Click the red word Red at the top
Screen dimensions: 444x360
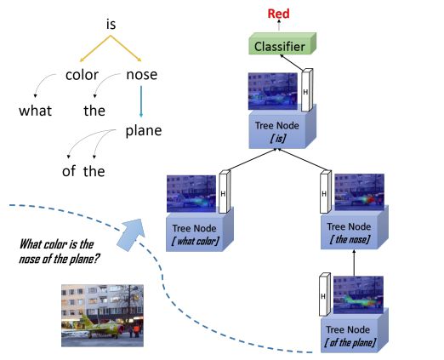[278, 14]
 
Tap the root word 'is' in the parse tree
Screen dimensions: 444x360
[111, 24]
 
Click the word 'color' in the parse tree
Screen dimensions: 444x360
[82, 75]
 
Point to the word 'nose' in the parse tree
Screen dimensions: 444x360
[142, 75]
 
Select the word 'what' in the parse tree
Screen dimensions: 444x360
[36, 111]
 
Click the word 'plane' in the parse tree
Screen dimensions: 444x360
[144, 131]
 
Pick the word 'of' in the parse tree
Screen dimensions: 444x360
[69, 171]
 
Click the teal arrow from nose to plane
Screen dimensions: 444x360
[141, 101]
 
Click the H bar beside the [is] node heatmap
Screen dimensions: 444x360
[307, 90]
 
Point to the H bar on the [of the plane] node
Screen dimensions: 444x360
[325, 294]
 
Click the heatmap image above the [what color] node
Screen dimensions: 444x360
[191, 194]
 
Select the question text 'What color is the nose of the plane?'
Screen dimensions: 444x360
[59, 251]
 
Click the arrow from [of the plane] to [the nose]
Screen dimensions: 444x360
[354, 263]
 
